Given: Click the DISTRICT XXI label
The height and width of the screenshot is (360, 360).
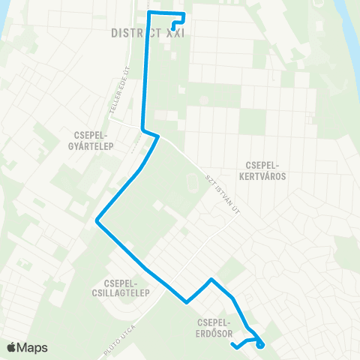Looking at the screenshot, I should pos(147,34).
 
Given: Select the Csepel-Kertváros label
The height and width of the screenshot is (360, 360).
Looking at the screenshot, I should pos(267,170).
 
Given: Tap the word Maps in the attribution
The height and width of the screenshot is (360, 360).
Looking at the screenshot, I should pos(32,347).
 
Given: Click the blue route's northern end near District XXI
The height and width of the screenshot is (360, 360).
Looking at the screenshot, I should pos(173,28).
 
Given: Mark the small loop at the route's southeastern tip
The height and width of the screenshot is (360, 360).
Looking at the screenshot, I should pos(260,344).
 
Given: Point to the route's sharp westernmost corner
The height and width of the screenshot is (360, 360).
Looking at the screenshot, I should pos(97,220).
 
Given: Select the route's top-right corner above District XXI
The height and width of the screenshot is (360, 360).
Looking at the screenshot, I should pos(183,14).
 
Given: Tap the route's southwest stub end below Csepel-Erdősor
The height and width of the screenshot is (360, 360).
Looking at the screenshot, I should pos(234,346).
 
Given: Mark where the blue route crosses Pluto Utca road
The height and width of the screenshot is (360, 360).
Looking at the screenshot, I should pos(186,302).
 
